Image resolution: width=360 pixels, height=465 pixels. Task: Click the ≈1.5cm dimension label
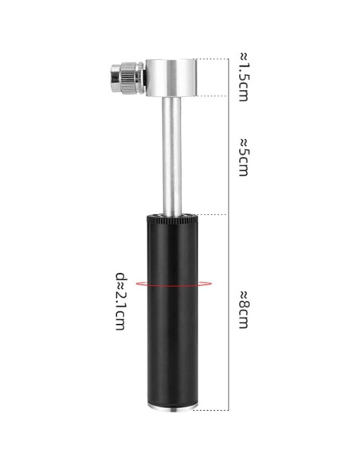tap(245, 77)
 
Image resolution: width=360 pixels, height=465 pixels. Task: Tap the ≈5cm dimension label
tap(245, 157)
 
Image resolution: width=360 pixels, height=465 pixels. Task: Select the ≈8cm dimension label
tap(245, 310)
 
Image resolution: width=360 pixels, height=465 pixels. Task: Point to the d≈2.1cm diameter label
tap(120, 301)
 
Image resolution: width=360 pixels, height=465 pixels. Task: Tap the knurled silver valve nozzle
tap(128, 78)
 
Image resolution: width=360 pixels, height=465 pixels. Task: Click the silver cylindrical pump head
tap(171, 78)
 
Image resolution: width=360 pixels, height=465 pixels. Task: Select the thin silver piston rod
tap(172, 157)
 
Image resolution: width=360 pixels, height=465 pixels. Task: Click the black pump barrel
tap(172, 311)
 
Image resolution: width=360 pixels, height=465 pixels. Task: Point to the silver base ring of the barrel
tap(172, 409)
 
